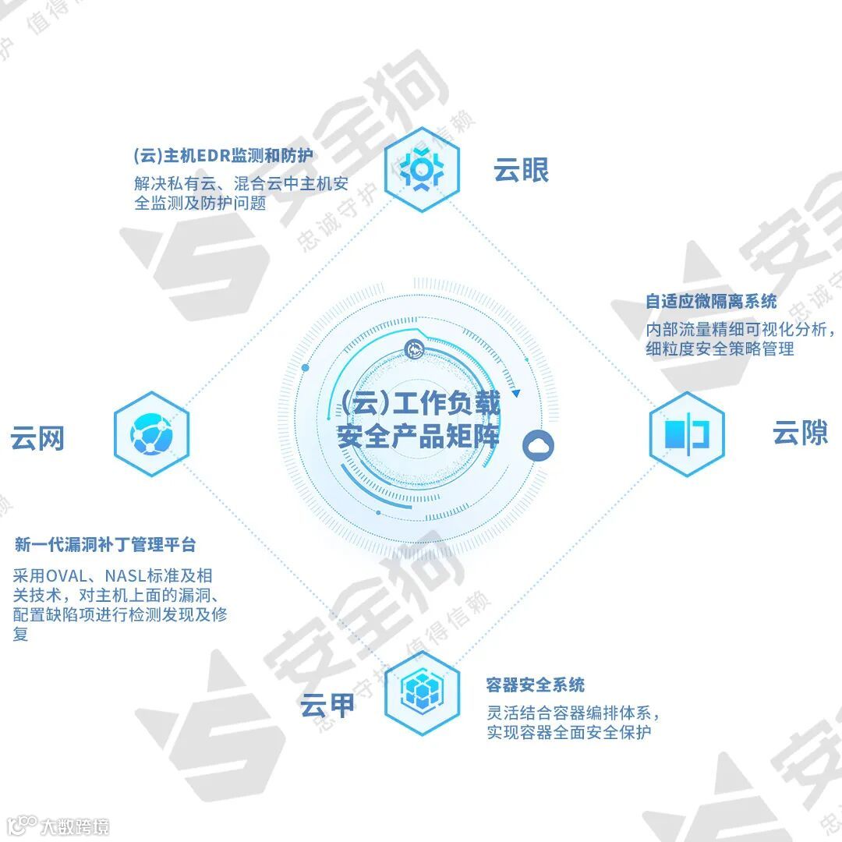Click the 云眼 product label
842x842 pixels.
[521, 170]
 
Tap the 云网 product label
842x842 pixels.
[37, 438]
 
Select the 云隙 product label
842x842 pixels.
[800, 433]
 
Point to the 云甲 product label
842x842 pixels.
[327, 704]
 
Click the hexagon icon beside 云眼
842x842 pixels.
[422, 170]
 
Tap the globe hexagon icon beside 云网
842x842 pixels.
[151, 434]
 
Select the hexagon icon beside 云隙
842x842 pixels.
[687, 434]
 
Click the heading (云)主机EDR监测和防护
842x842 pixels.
[223, 155]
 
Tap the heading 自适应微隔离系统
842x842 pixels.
[711, 302]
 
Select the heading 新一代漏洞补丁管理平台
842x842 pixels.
[105, 545]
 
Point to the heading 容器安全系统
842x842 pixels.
[535, 685]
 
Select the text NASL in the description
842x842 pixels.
[132, 577]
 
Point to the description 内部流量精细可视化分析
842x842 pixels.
[741, 329]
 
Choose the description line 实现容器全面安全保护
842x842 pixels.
[568, 732]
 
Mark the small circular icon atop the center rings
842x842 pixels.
[413, 348]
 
